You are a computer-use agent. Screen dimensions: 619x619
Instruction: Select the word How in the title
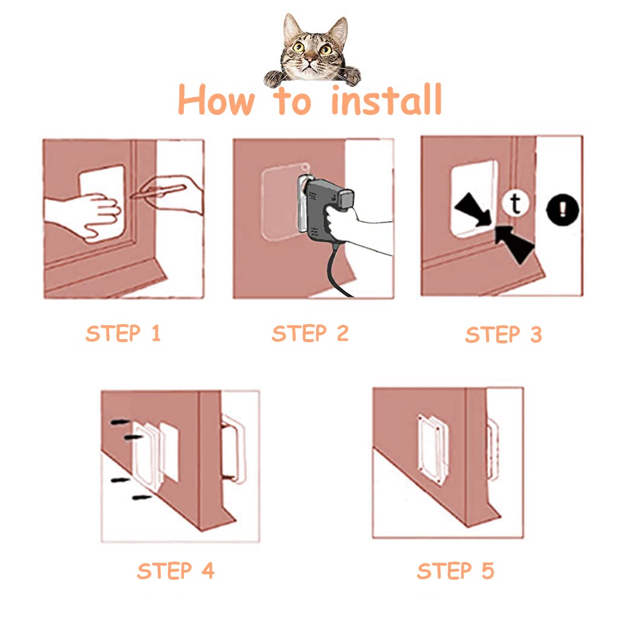coord(216,100)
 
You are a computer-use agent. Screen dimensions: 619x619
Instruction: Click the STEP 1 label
coord(123,333)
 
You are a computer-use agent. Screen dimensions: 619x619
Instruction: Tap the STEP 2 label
coord(310,334)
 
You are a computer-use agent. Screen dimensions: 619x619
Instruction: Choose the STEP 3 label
coord(503,335)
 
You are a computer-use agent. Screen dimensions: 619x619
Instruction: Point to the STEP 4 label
coord(175,571)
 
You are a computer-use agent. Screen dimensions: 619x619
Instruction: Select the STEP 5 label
coord(455,571)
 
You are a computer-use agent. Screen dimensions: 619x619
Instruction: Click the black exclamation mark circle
coord(562,211)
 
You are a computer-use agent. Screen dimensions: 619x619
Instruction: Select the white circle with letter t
coord(515,204)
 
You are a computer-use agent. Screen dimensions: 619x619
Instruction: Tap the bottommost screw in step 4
coord(142,497)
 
